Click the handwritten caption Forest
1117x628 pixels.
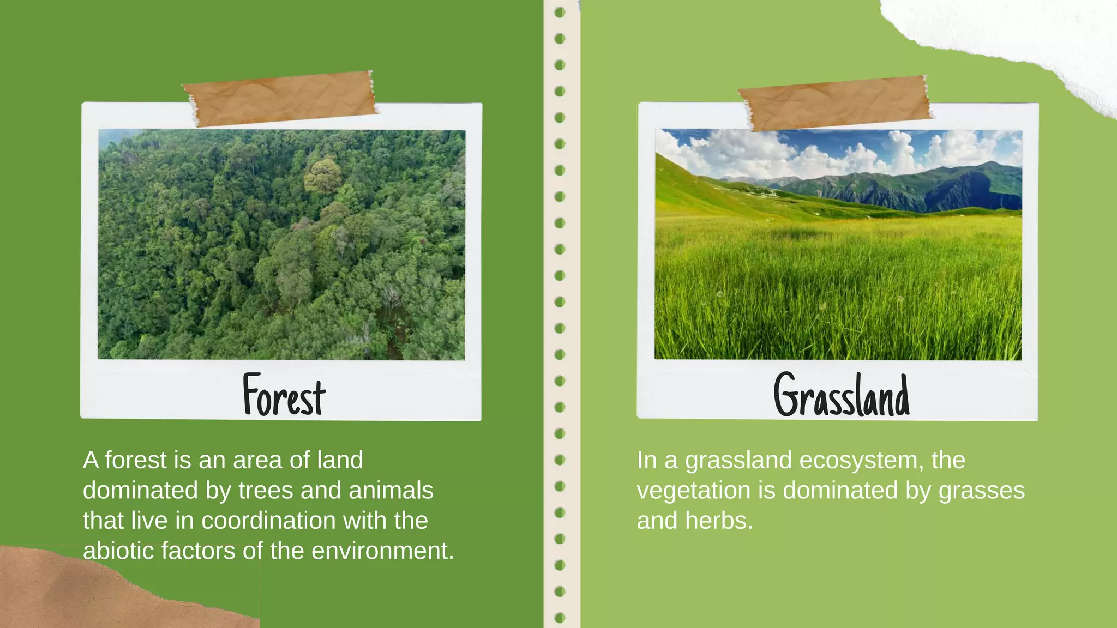284,395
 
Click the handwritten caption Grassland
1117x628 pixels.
842,395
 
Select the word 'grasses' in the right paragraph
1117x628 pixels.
981,491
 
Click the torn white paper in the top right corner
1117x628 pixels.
1025,33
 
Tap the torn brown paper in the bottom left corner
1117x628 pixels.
82,594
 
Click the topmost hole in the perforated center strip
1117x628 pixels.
560,12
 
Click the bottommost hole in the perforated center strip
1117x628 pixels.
560,618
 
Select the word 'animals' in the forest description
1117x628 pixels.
391,491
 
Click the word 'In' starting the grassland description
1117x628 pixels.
646,461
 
